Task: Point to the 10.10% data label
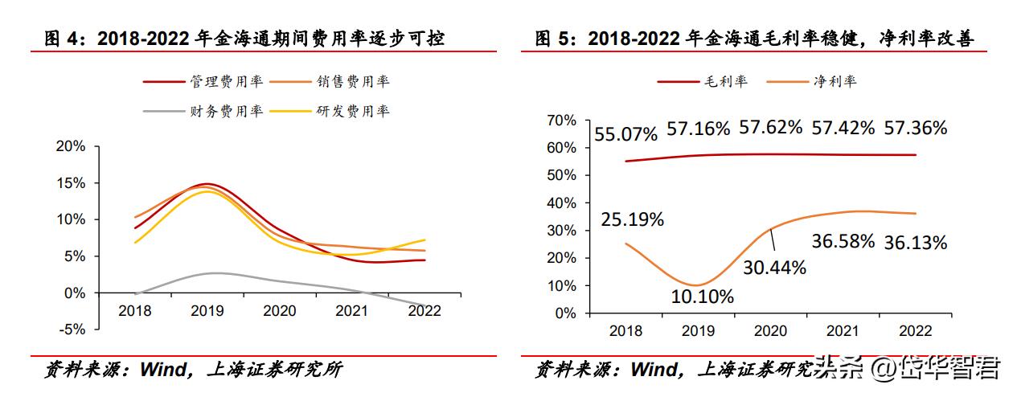pos(703,297)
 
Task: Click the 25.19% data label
pos(633,219)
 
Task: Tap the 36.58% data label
pos(843,241)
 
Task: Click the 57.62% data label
pos(771,127)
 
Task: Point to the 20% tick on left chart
pos(71,146)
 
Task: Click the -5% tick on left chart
pos(72,330)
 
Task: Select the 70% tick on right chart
pos(561,121)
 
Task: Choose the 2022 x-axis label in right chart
pos(916,331)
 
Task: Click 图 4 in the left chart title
pos(65,39)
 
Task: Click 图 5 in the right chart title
pos(556,39)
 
